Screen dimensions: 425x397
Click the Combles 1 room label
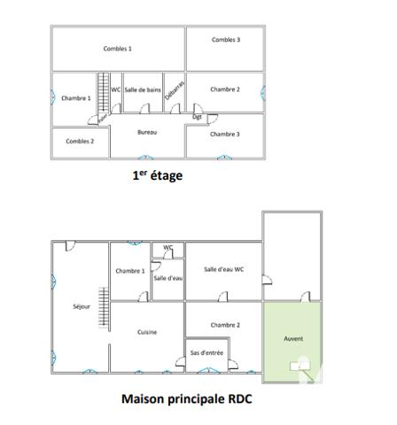[117, 49]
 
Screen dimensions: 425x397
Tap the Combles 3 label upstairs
[225, 40]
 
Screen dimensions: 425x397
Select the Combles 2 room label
[80, 141]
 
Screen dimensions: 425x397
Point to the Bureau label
[147, 132]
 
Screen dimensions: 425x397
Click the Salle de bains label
[143, 89]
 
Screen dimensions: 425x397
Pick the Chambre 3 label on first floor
[225, 134]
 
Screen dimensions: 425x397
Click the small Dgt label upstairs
[197, 116]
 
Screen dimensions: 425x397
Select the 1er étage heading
[157, 175]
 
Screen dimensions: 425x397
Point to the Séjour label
[82, 306]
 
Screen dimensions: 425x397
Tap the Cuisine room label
[147, 332]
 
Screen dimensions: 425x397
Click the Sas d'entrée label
[206, 352]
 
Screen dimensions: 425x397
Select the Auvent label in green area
[293, 339]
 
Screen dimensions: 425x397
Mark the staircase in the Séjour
[103, 309]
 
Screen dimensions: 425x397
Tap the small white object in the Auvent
[300, 362]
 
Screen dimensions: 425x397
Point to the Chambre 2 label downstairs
[225, 325]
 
